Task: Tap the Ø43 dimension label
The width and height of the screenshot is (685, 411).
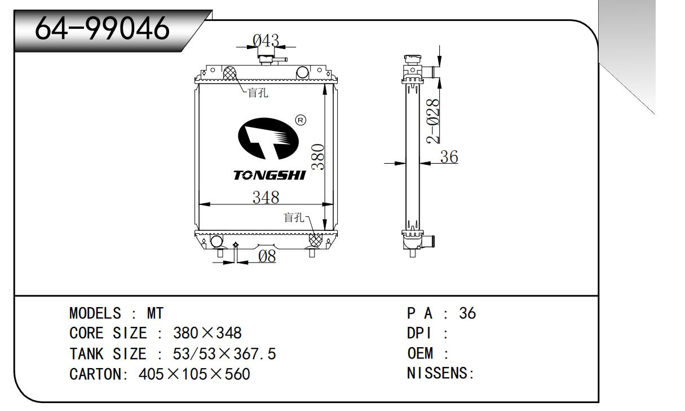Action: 265,40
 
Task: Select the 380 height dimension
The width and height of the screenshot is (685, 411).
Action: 319,156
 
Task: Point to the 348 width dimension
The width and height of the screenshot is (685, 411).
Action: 266,198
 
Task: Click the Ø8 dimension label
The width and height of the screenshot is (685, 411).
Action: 267,257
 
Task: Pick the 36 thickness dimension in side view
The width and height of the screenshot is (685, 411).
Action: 449,157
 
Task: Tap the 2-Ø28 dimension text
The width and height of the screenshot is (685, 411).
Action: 433,121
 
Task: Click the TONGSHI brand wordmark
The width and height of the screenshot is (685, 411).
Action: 269,176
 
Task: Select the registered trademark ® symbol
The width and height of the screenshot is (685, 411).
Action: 300,120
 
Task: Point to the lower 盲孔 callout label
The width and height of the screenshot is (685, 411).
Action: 294,217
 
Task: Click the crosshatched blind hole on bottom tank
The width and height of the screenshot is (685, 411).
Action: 316,239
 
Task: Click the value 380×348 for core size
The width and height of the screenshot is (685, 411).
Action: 207,333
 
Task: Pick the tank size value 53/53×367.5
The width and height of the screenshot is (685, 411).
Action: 224,354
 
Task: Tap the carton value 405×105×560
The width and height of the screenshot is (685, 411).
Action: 194,374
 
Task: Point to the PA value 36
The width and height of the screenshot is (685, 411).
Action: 467,313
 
